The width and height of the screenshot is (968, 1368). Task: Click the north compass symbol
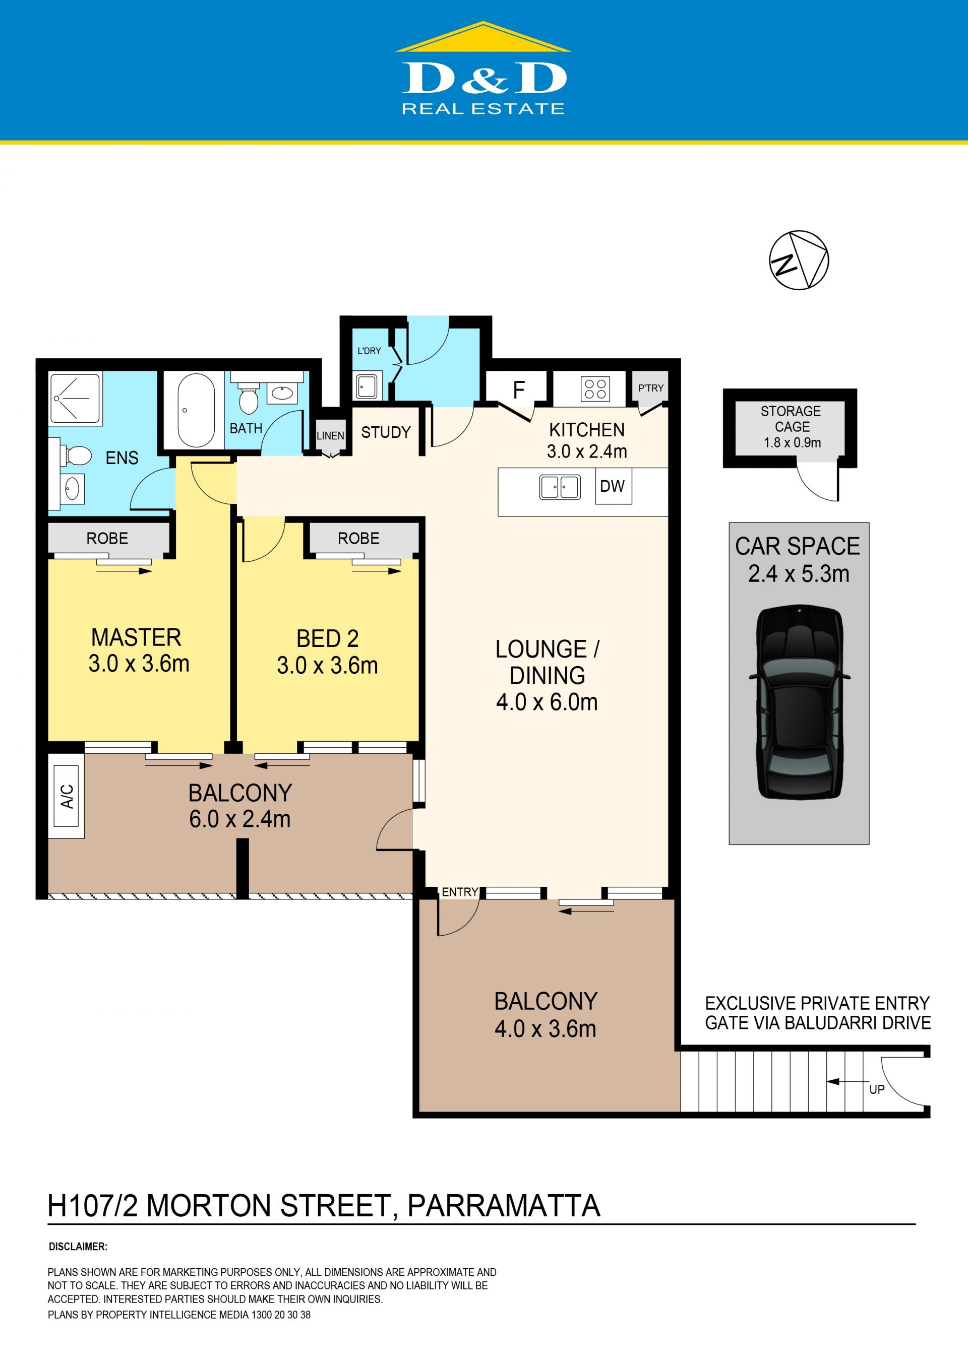click(799, 260)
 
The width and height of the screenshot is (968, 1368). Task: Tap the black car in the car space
click(799, 702)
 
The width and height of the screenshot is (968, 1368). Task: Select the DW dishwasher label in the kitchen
click(612, 486)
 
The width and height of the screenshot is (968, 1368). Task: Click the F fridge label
click(519, 390)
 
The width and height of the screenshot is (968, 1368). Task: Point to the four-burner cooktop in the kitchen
click(595, 389)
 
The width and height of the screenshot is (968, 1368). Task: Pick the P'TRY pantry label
click(650, 388)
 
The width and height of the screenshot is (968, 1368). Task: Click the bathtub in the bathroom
click(196, 410)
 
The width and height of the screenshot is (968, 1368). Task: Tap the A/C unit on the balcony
click(67, 796)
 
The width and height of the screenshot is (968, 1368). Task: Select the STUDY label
click(386, 432)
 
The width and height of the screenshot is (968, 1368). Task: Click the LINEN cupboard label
click(330, 435)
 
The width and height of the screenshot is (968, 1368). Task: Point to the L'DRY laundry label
click(369, 351)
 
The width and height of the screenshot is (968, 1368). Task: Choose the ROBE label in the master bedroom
click(107, 539)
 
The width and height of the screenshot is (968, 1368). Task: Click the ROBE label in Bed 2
click(358, 539)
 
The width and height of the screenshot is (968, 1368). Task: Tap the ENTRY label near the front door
click(460, 892)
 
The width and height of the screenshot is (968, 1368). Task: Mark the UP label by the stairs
click(876, 1090)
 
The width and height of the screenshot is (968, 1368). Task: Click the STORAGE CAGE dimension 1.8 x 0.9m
click(792, 443)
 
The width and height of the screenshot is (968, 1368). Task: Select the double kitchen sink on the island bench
click(560, 487)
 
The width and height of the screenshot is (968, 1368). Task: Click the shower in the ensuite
click(75, 398)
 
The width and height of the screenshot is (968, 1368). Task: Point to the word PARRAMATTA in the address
click(504, 1206)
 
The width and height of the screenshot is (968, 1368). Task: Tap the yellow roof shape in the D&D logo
click(483, 37)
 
